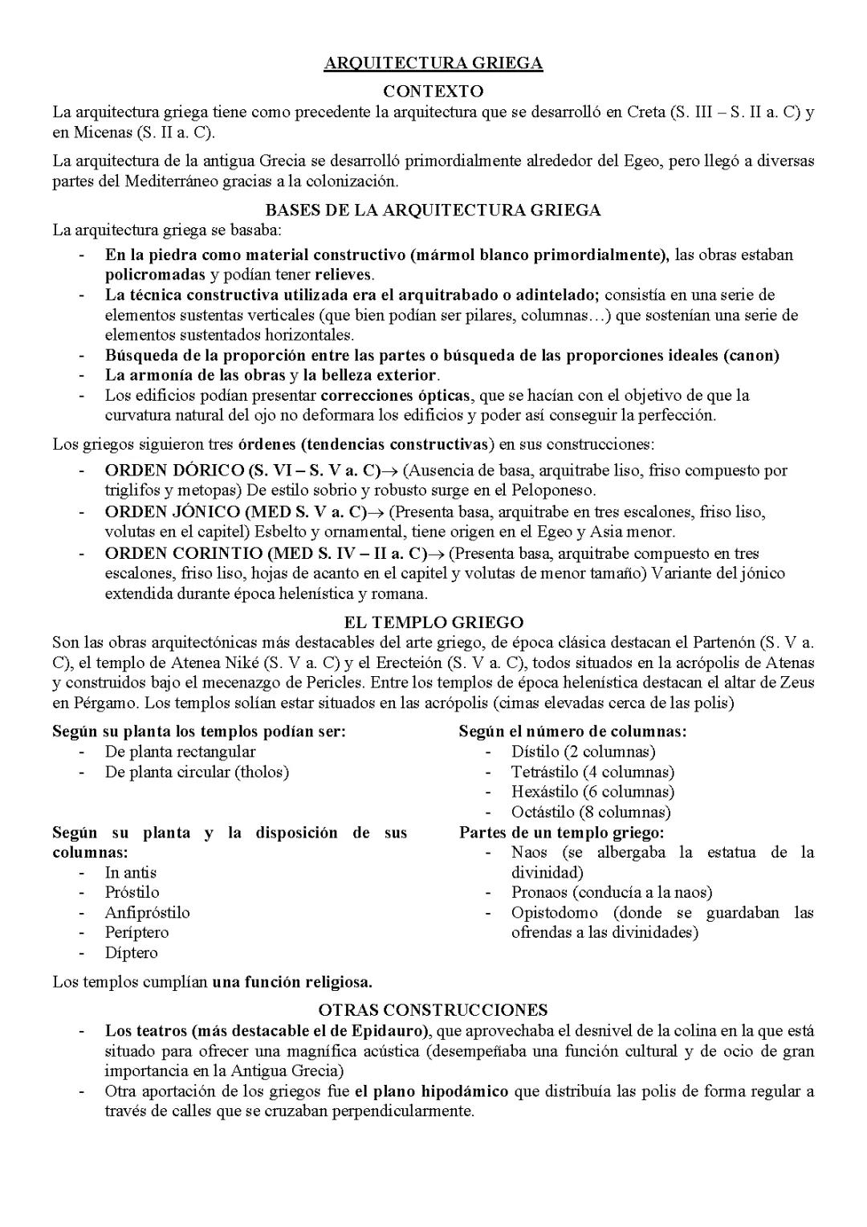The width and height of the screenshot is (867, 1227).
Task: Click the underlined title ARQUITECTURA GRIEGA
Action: (x=433, y=63)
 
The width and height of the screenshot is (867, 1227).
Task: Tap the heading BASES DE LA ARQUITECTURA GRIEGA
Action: (x=433, y=210)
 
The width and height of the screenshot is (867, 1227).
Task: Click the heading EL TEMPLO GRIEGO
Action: (x=433, y=622)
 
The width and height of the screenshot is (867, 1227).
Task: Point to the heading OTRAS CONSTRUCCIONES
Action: (x=433, y=1010)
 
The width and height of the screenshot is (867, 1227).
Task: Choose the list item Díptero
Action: (x=131, y=953)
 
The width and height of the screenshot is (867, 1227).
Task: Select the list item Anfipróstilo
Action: (x=147, y=913)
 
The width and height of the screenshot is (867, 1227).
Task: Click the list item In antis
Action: (x=130, y=873)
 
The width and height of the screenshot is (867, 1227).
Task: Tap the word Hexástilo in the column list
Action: (x=543, y=793)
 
